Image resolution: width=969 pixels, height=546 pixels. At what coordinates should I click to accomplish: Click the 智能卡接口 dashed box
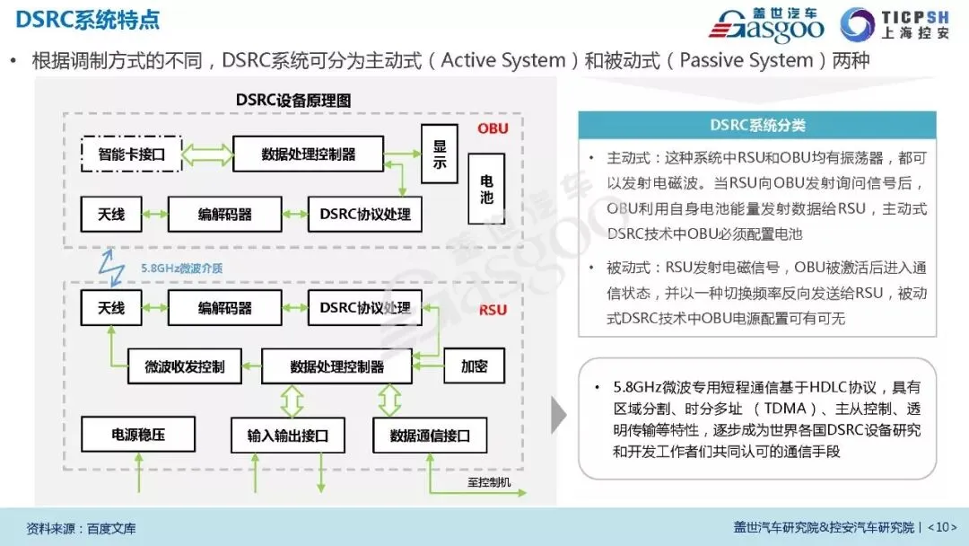(132, 154)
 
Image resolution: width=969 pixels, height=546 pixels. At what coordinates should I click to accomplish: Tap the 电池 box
(485, 186)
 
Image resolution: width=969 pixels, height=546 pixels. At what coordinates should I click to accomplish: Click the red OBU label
(493, 128)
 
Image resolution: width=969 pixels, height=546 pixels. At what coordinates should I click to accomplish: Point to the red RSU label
(493, 311)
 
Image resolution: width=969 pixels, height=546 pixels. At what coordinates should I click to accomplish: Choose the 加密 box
(474, 366)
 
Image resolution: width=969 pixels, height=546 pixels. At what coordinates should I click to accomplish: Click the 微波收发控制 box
(184, 366)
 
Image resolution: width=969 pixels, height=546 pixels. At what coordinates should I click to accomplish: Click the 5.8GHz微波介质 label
(182, 268)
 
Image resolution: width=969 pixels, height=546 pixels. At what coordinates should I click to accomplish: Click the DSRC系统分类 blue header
(757, 126)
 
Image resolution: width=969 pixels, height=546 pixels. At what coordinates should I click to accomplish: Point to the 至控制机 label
(489, 483)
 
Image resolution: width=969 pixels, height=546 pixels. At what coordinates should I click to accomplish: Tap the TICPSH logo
(898, 26)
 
